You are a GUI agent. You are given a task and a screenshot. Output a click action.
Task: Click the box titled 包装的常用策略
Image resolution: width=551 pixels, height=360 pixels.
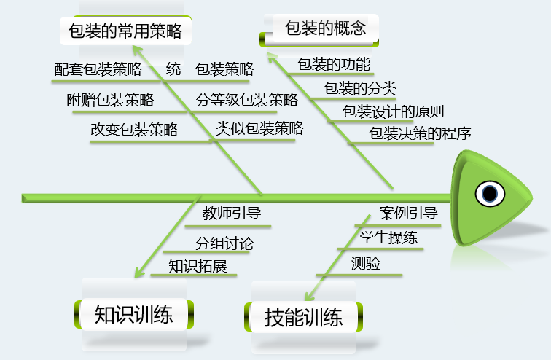[x=125, y=31]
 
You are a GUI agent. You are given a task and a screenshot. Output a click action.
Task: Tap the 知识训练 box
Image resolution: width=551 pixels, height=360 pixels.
[x=134, y=315]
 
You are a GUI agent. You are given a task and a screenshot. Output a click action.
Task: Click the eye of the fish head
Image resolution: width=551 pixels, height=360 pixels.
[x=488, y=194]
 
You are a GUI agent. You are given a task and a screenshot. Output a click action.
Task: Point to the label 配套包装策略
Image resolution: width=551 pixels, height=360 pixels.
[x=98, y=69]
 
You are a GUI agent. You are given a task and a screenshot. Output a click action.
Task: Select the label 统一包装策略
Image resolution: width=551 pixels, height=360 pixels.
[x=210, y=69]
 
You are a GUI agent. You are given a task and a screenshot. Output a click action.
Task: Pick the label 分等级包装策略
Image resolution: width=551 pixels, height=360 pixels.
[x=247, y=100]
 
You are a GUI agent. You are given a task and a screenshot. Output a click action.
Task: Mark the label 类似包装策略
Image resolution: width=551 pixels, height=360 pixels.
[x=259, y=129]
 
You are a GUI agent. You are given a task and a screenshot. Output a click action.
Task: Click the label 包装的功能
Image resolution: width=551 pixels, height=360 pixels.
[x=334, y=63]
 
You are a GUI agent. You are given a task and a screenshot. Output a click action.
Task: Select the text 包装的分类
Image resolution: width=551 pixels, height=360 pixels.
[x=360, y=88]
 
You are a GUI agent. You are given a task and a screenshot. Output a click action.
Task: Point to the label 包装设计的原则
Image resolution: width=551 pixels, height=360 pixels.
[x=393, y=111]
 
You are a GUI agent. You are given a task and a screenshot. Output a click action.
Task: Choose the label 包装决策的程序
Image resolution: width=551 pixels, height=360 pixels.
[x=421, y=133]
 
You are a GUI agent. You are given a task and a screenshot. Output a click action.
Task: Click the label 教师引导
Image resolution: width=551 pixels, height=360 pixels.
[x=232, y=214]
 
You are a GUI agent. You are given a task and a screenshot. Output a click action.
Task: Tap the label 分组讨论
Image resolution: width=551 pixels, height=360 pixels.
[x=224, y=243]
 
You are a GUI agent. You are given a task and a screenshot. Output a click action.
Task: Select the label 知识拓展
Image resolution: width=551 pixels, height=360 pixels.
[x=198, y=266]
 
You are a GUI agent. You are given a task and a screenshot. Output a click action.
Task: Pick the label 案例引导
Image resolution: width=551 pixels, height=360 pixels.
[x=408, y=214]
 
